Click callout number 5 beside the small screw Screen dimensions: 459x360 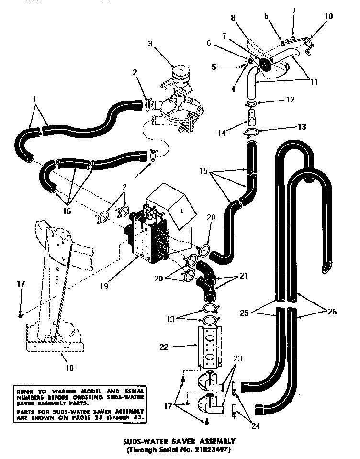[x=214, y=67]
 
